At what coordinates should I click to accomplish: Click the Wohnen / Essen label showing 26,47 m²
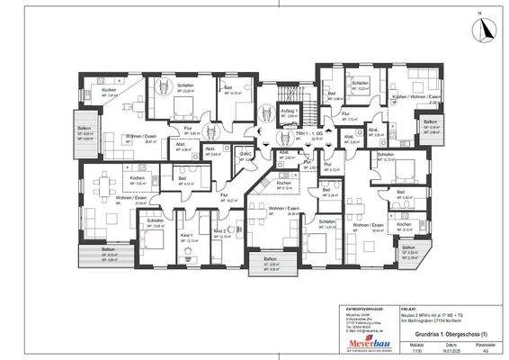136,136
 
